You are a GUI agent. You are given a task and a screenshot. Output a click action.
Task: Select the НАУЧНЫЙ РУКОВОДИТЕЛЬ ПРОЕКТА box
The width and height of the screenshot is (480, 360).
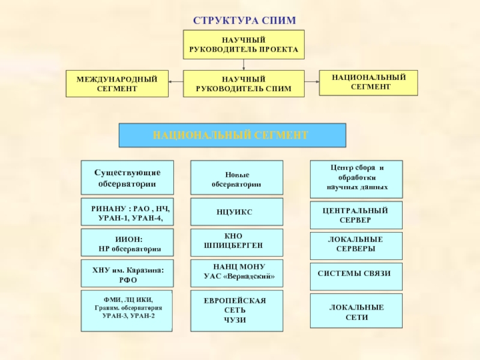pos(244,44)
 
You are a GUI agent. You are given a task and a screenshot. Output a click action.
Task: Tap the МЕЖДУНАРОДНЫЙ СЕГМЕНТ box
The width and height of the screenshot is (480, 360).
pos(116,84)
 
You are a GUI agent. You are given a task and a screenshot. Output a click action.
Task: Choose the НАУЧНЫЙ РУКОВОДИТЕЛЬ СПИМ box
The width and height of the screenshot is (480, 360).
pos(244,84)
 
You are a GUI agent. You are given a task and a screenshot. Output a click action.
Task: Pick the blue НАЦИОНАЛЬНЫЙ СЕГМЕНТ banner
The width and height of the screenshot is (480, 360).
pos(232,136)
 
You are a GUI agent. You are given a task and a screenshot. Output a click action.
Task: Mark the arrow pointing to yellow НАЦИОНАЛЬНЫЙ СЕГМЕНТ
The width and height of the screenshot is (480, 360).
pos(312,80)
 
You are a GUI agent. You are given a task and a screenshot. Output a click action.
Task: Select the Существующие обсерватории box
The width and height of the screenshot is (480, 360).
pos(127,177)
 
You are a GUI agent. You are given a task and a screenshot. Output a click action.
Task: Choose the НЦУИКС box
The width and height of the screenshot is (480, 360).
pos(236,212)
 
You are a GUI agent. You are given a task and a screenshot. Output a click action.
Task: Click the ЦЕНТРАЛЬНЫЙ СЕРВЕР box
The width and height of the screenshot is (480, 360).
pos(356,215)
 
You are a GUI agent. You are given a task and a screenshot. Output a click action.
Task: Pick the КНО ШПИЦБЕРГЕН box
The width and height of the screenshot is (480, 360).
pos(236,241)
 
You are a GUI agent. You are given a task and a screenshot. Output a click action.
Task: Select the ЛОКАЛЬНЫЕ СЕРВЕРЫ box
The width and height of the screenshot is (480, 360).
pos(356,244)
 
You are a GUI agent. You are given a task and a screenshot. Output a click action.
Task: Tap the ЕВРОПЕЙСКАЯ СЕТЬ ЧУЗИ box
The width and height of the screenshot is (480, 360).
pos(236,311)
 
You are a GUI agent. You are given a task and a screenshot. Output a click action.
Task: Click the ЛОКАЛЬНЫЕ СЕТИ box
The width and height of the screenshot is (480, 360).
pos(356,311)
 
